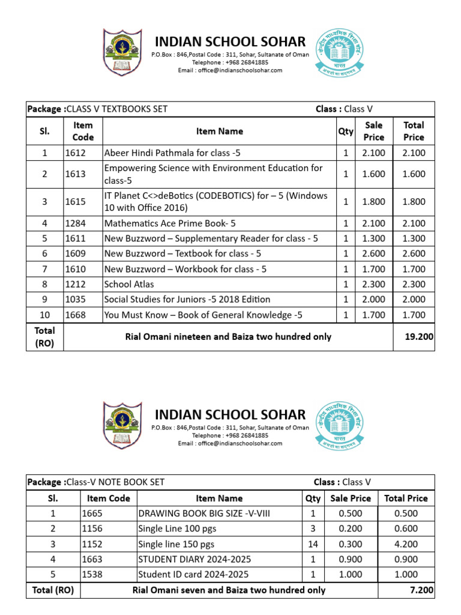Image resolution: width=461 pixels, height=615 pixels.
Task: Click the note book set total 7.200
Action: click(421, 590)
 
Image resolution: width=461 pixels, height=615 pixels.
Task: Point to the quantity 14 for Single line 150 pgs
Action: click(312, 545)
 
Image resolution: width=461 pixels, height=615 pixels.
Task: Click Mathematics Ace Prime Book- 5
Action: click(164, 223)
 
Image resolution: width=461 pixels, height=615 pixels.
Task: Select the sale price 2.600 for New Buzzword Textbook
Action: click(373, 253)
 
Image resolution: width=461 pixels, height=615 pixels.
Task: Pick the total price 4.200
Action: click(406, 545)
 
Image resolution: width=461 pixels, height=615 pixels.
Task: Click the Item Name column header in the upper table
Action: click(219, 131)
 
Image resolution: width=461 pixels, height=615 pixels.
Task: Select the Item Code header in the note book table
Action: click(108, 498)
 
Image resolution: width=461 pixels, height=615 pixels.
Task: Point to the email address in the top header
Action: click(230, 70)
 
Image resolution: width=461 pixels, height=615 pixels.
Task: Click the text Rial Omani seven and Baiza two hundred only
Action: click(229, 590)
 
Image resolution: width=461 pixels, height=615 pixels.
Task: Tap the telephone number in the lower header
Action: click(230, 435)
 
